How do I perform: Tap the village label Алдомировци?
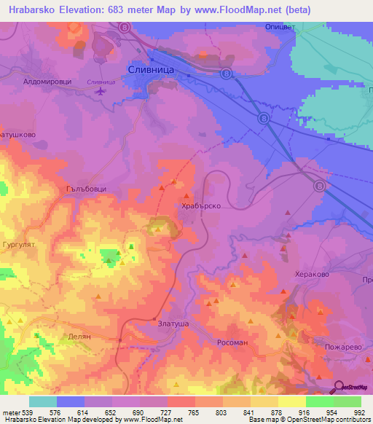[47, 82]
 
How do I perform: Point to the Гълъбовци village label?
[87, 188]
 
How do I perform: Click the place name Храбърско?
[200, 206]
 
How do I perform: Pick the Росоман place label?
[234, 341]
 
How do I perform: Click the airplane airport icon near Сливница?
[100, 91]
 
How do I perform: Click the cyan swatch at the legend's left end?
[43, 401]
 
